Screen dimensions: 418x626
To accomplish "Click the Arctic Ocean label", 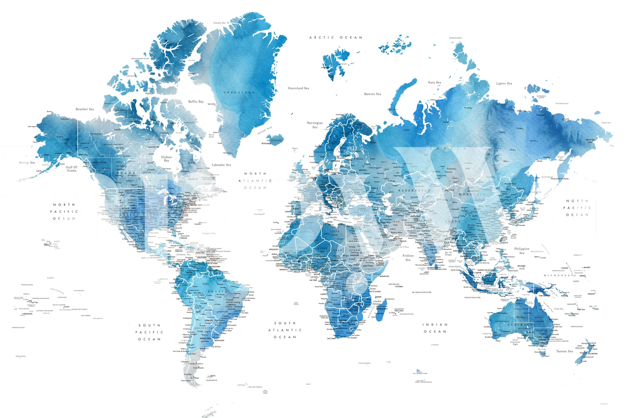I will coord(336,38).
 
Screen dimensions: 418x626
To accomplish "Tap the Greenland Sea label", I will coord(298,88).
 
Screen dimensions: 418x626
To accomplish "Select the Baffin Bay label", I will coord(196,102).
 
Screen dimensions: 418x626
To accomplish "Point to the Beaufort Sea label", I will coord(84,109).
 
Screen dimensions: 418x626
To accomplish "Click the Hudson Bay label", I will coord(166,159).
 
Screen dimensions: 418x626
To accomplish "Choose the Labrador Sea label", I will coord(221,165).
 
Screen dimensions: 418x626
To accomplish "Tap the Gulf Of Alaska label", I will coord(71,169).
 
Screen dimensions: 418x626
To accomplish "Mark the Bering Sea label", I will coord(27,163).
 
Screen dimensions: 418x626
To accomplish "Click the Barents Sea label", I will coord(372,94).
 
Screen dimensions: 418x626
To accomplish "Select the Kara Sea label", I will coord(434,83).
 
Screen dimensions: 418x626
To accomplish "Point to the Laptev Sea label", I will coord(504,84).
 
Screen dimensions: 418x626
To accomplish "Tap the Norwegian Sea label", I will coord(315,125).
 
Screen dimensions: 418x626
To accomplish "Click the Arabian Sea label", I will coord(408,258).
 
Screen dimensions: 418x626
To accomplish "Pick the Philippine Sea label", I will coord(522,251).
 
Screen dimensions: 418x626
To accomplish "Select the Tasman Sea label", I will coord(564,351).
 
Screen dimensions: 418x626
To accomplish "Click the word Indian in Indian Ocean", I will coord(435,325).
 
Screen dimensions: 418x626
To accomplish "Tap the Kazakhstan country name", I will coord(414,190).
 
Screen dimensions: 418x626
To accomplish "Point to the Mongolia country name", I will coord(472,194).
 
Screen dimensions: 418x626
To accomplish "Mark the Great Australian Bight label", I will coord(515,342).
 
